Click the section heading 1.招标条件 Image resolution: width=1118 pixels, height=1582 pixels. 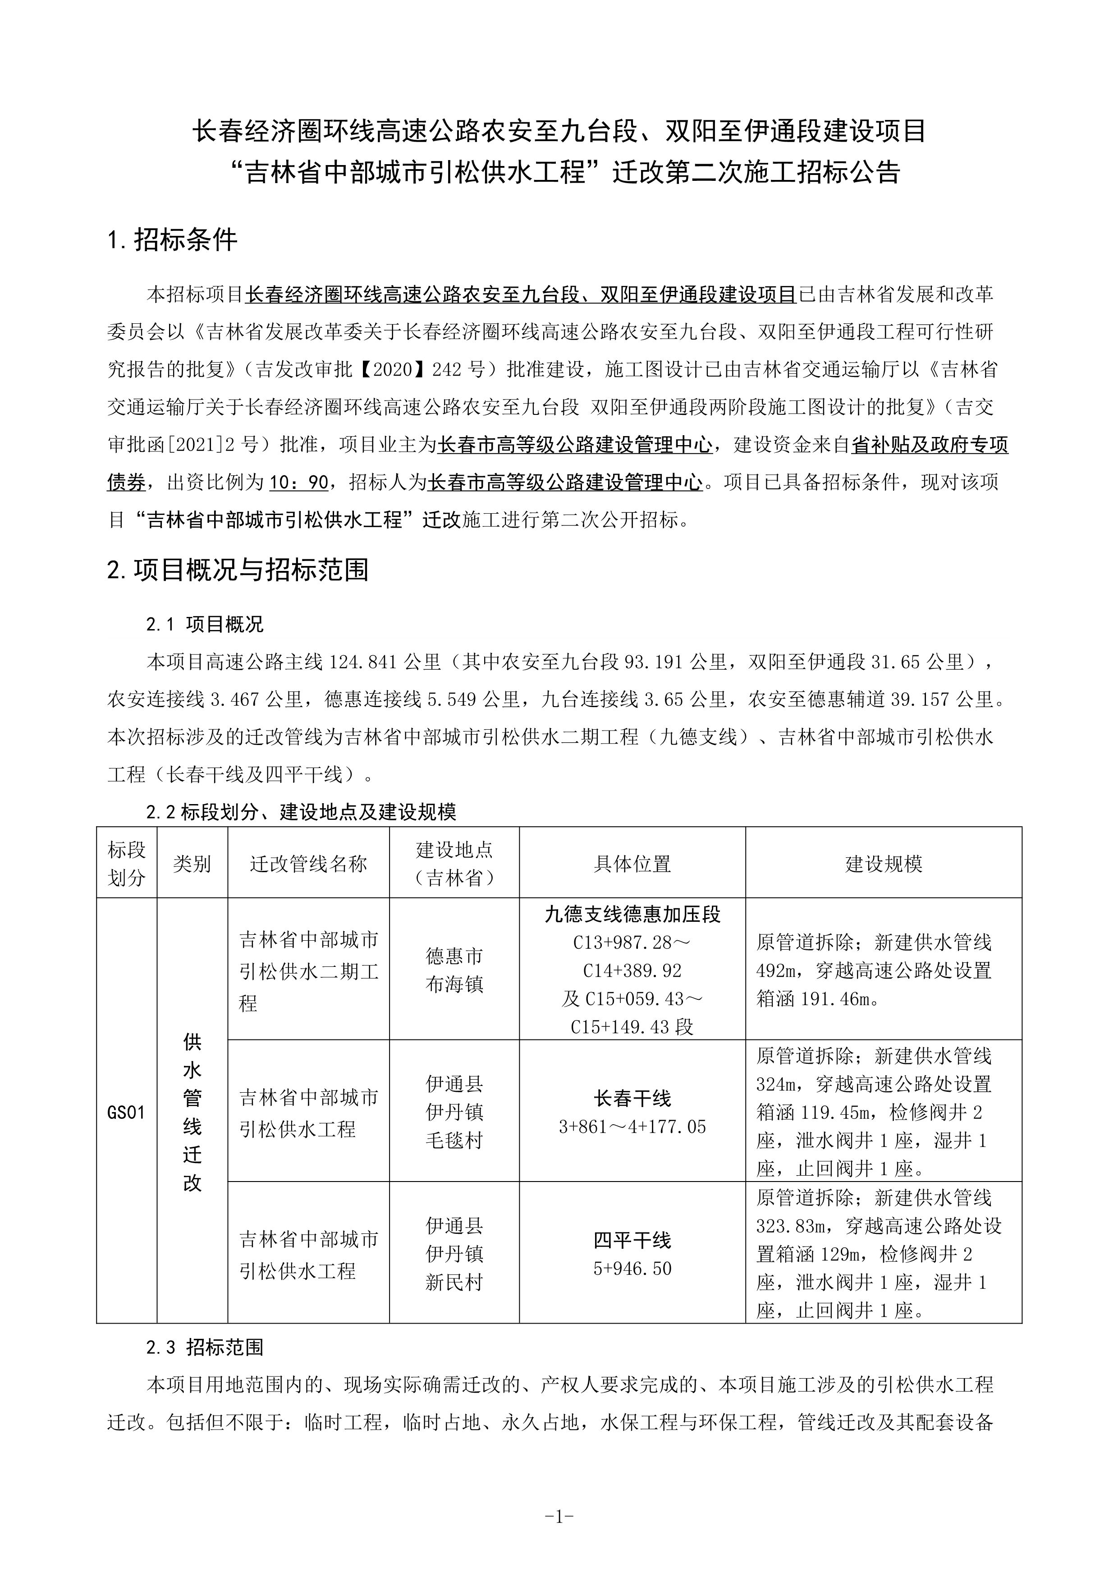pyautogui.click(x=172, y=240)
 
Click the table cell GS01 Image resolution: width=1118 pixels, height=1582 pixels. pyautogui.click(x=127, y=1112)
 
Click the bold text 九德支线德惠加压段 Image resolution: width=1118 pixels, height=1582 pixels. pyautogui.click(x=632, y=914)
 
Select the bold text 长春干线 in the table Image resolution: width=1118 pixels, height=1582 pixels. pyautogui.click(x=632, y=1098)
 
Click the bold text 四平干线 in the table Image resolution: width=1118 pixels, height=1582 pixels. pyautogui.click(x=632, y=1240)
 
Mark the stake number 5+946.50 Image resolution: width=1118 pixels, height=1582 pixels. pyautogui.click(x=632, y=1269)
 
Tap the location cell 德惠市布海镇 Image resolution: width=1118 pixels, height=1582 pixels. pyautogui.click(x=454, y=970)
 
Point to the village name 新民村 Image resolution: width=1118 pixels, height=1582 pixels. pyautogui.click(x=454, y=1282)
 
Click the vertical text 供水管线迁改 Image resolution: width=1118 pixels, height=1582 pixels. pyautogui.click(x=192, y=1112)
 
